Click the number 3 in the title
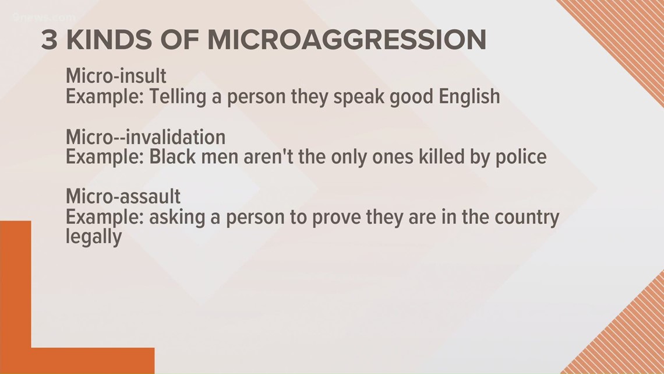point(49,40)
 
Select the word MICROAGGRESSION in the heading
point(347,40)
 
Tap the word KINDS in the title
point(110,40)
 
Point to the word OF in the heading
point(180,40)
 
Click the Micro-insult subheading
point(116,76)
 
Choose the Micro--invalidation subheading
point(146,137)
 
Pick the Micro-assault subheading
point(123,196)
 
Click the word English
point(469,97)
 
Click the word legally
point(94,237)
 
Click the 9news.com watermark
point(44,18)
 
